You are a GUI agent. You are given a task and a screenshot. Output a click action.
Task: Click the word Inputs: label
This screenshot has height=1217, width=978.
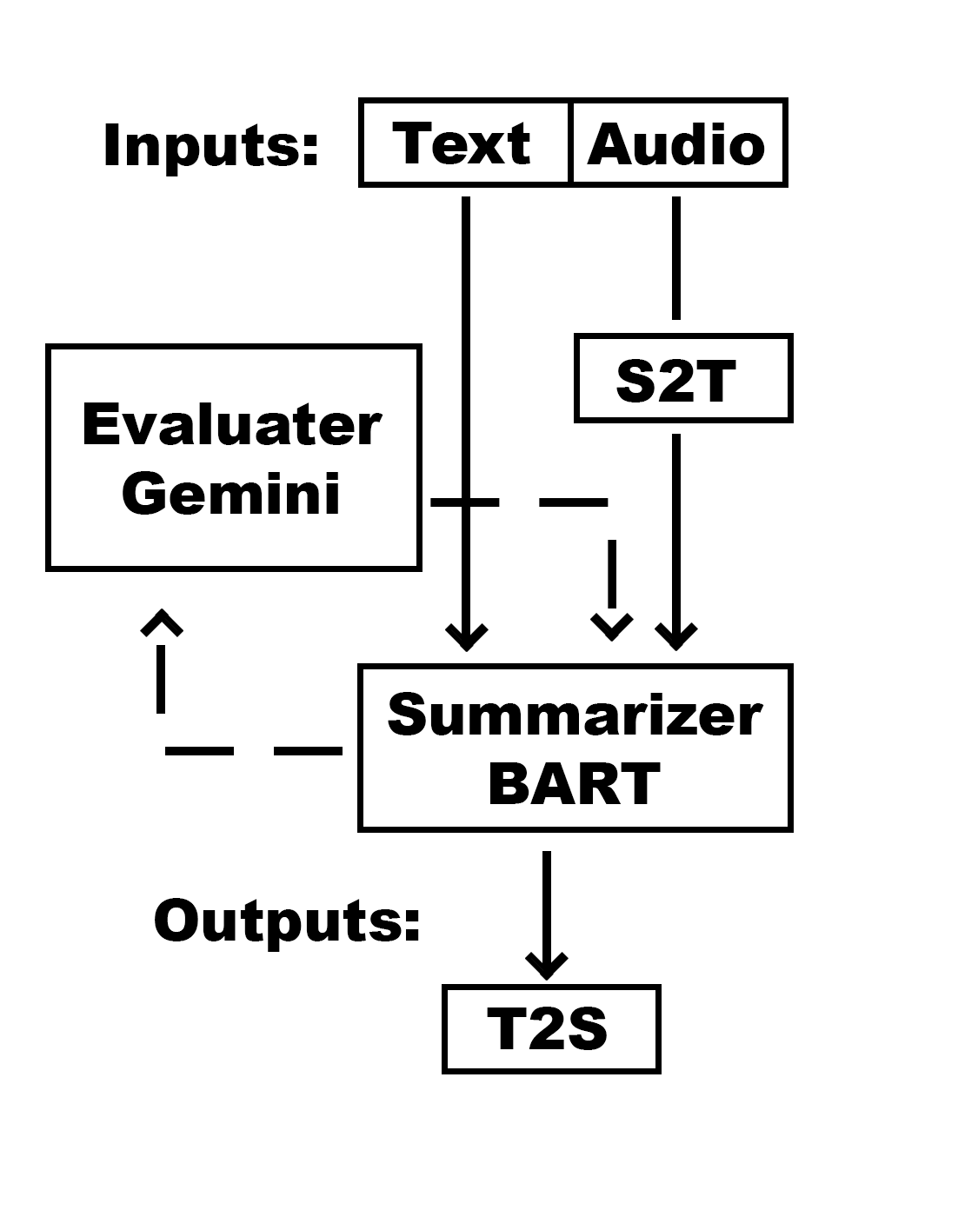coord(211,145)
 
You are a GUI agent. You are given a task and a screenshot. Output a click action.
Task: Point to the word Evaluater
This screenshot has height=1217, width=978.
coord(232,424)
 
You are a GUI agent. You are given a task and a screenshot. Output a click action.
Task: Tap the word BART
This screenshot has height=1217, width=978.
coord(574,783)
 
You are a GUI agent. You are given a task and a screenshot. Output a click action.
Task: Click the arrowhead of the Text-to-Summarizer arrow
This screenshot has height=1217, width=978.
coord(466,637)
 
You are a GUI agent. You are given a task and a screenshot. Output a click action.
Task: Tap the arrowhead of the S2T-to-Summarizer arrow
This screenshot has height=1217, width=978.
coord(676,637)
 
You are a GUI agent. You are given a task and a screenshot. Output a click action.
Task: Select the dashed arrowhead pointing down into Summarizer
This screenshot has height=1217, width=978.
coord(611,627)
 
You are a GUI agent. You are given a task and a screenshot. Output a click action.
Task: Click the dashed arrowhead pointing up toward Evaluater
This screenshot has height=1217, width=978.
coord(161,622)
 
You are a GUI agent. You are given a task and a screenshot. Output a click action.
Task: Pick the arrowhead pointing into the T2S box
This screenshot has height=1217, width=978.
coord(547,966)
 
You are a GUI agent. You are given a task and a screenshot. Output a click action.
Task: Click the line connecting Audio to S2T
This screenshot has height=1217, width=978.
coord(676,258)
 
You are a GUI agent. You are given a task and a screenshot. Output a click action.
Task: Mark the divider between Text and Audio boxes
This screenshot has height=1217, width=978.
coord(570,143)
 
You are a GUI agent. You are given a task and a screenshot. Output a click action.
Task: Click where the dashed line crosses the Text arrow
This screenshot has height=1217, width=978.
coord(465,502)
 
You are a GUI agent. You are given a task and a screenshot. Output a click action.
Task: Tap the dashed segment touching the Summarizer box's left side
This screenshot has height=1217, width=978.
coord(308,751)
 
